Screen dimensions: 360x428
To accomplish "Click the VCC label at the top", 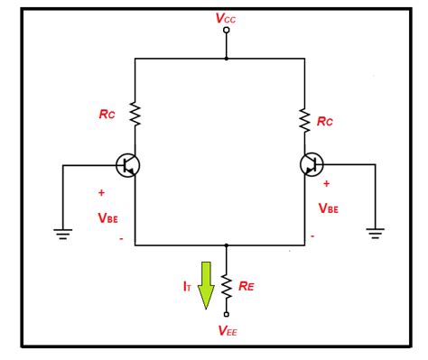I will [226, 17].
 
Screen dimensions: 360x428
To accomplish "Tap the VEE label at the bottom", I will [228, 330].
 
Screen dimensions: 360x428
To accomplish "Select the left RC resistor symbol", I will [135, 114].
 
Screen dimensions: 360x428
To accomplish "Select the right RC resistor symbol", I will [303, 119].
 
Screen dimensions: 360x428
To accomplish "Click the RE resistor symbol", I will [227, 285].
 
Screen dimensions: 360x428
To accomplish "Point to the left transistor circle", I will [128, 165].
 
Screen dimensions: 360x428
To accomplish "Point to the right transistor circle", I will [312, 164].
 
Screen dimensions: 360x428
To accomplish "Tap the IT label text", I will [186, 285].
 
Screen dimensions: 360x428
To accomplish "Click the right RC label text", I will [325, 120].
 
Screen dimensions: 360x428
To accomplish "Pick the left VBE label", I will [108, 218].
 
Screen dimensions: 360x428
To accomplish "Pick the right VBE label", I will [330, 207].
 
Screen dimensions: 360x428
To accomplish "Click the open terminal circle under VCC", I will [226, 31].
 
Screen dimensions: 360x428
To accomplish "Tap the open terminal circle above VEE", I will [227, 314].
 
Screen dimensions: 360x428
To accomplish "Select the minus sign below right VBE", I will [312, 236].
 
